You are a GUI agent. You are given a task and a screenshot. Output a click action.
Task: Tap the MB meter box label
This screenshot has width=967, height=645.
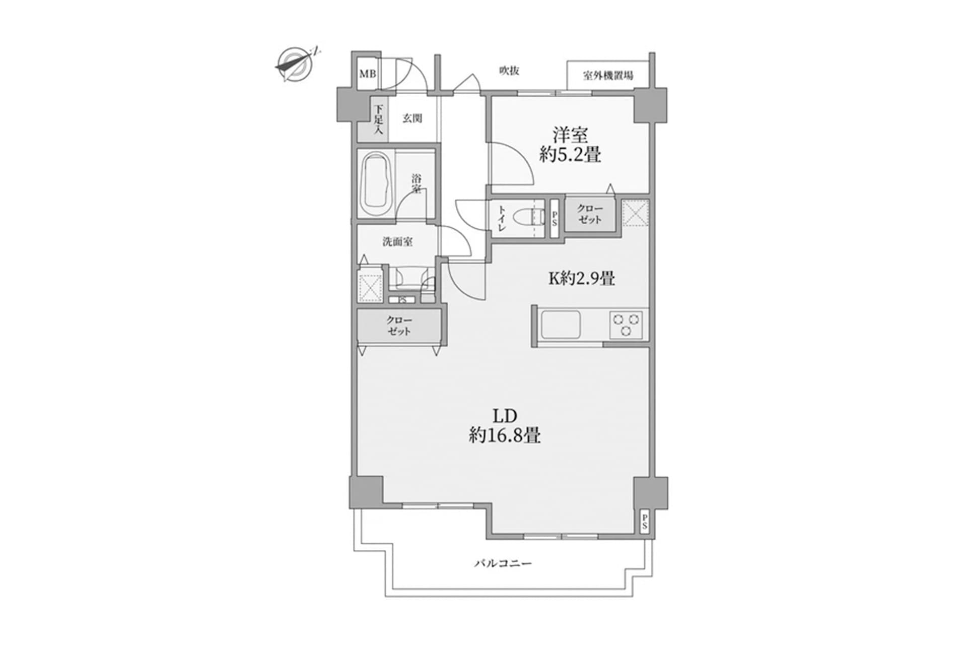click(368, 74)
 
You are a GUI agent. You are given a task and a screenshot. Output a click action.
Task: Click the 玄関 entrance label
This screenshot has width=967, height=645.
click(412, 118)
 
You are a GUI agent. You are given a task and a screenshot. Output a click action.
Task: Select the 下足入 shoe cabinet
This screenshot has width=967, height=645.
click(378, 119)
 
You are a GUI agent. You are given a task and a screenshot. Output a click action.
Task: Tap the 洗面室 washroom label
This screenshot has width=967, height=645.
click(397, 242)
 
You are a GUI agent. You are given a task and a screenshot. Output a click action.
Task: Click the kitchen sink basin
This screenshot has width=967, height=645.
click(561, 326)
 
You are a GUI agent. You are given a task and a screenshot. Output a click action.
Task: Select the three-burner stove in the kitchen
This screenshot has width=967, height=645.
click(626, 325)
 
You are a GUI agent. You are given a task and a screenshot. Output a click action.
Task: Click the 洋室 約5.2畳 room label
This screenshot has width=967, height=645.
click(570, 145)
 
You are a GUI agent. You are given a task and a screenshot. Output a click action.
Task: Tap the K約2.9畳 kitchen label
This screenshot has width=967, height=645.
click(581, 278)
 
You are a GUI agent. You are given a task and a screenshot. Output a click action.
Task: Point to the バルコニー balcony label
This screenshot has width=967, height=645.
click(503, 563)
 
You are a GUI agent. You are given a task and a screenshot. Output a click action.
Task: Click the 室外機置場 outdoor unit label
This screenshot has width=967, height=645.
click(608, 76)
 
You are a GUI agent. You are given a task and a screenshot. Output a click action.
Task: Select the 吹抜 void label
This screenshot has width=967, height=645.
click(509, 71)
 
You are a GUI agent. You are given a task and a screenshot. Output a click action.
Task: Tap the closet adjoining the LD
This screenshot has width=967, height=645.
click(399, 326)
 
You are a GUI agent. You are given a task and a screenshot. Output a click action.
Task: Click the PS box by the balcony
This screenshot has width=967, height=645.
click(644, 522)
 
